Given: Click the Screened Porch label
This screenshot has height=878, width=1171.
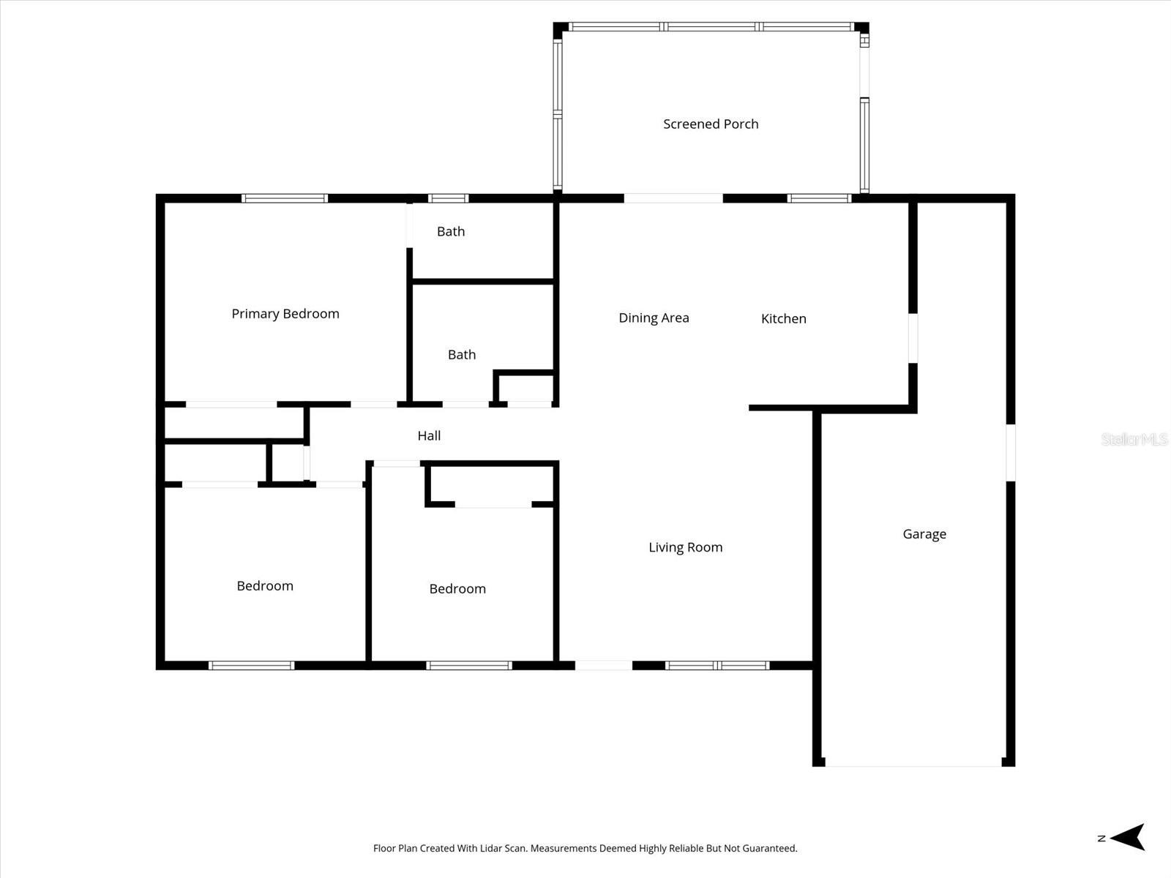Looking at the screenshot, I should coord(711,124).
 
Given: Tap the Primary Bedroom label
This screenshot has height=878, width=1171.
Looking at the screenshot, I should coord(285,314).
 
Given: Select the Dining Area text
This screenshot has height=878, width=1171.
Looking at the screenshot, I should coord(654,318).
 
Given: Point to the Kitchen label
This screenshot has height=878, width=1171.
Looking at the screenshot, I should coord(783,318).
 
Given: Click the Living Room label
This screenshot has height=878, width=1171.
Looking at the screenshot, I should coord(685,547).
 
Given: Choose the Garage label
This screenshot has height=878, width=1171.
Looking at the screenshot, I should coord(924,534).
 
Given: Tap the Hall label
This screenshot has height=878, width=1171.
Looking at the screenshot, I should coord(429,436).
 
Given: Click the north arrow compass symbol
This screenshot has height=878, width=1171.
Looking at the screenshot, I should coord(1127,837).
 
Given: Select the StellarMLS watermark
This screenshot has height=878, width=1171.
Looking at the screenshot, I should coord(1134,439).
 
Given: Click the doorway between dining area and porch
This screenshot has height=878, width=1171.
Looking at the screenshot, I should coord(673,198).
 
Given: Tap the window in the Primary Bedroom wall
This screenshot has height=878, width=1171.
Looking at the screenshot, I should coord(285,198).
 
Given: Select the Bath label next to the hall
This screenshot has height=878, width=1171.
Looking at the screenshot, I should coord(462,355).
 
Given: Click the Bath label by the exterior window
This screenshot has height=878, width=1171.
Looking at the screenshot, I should coord(451,232).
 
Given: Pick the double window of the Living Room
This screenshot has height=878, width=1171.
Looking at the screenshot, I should coord(717,665).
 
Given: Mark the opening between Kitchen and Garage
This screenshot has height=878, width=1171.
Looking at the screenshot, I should coord(913,338).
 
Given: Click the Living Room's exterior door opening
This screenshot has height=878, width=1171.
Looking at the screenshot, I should coord(604,665).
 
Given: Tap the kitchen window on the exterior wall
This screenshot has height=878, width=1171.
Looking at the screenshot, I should coord(819,198).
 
